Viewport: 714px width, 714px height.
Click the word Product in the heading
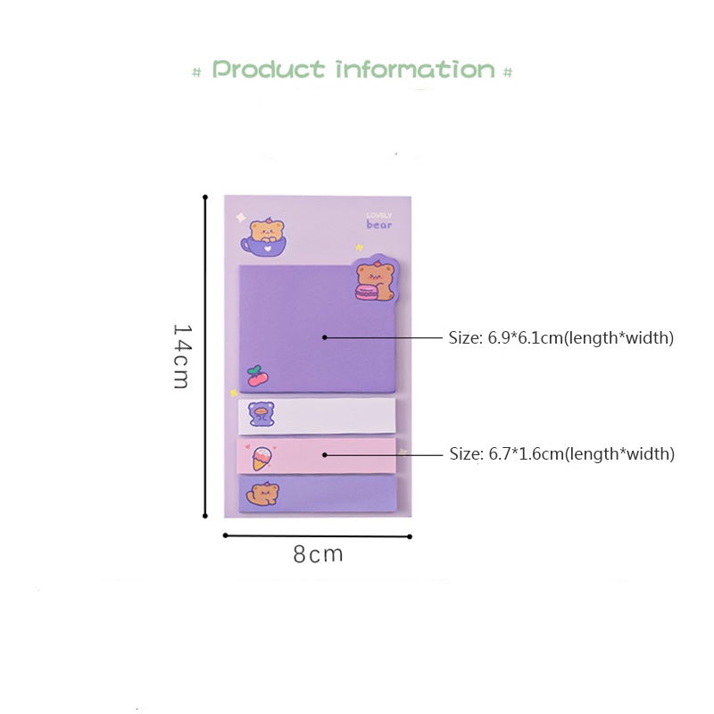coord(268,70)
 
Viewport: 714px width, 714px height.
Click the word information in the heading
coord(415,70)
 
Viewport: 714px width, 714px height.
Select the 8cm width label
coord(318,554)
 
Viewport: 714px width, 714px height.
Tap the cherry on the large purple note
coord(256,375)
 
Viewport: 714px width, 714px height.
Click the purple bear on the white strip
coord(262,415)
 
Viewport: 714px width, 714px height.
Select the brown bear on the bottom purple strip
coord(263,494)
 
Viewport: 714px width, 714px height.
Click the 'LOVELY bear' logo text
coord(378,220)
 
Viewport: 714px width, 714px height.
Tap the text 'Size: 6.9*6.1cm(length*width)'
coord(560,338)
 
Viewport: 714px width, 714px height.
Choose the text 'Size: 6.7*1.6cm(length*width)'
coord(561,454)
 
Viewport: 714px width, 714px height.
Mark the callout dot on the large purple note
coord(325,337)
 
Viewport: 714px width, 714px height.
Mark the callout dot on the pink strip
coord(325,454)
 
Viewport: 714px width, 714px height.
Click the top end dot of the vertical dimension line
coord(205,195)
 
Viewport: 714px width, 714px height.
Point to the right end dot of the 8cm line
coord(410,536)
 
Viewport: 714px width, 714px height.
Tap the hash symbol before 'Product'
coord(197,71)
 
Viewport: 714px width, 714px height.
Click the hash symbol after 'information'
coord(508,71)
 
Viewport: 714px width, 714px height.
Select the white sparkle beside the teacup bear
coord(240,216)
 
